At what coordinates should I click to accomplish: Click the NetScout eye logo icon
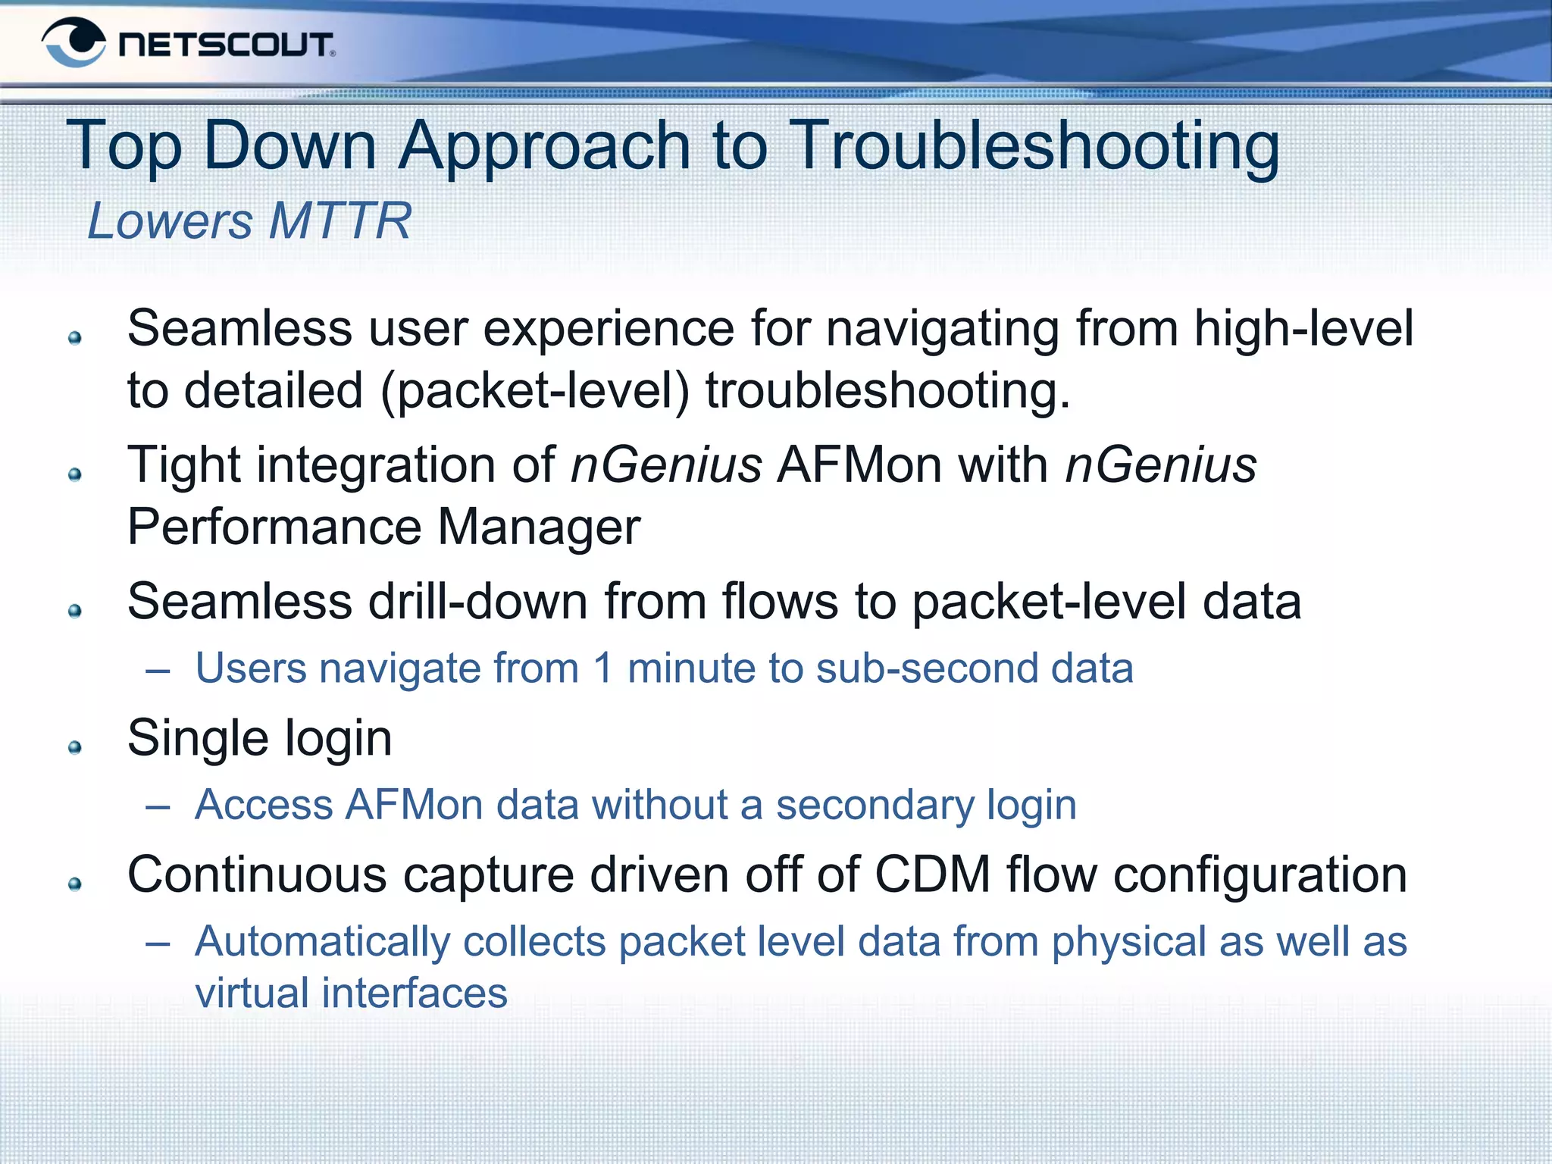pyautogui.click(x=74, y=42)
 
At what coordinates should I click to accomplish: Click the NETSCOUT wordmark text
pyautogui.click(x=226, y=45)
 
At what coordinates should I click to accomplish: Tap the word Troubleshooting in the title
pyautogui.click(x=1034, y=145)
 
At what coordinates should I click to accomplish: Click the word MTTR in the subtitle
pyautogui.click(x=340, y=221)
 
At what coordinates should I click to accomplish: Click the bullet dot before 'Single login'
pyautogui.click(x=74, y=748)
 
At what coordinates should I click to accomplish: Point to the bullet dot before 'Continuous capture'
pyautogui.click(x=74, y=884)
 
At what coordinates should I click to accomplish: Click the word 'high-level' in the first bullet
pyautogui.click(x=1303, y=328)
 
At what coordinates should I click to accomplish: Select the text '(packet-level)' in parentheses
pyautogui.click(x=535, y=391)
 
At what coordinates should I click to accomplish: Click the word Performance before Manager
pyautogui.click(x=274, y=527)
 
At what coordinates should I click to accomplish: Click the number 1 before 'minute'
pyautogui.click(x=603, y=669)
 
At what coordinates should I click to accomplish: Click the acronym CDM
pyautogui.click(x=932, y=875)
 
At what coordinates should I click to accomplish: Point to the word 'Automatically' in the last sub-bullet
pyautogui.click(x=323, y=943)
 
